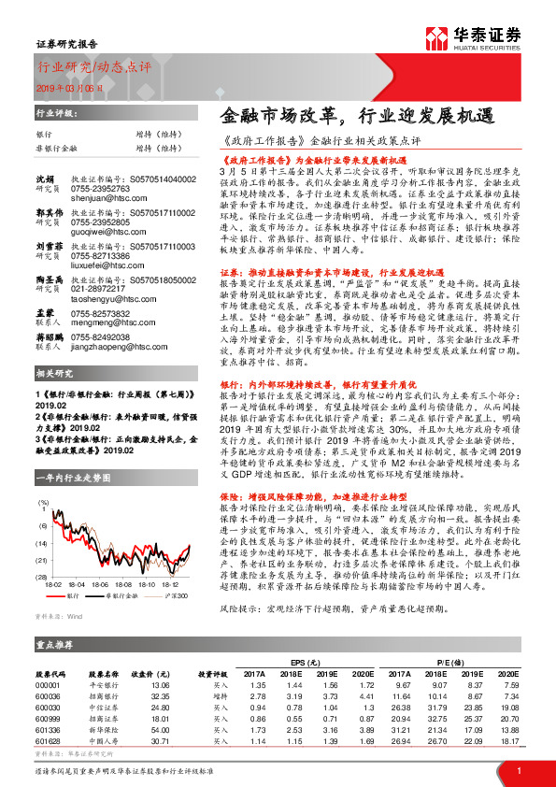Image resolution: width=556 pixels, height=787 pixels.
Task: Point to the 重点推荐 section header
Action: point(55,645)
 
